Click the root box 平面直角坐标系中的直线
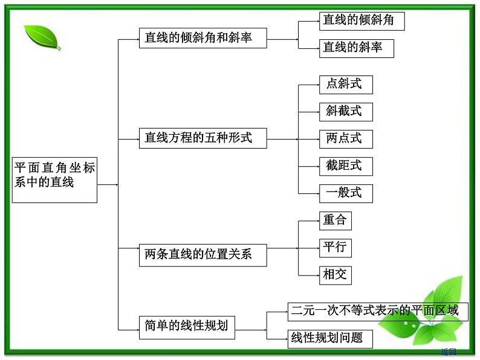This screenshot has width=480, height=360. (x=54, y=180)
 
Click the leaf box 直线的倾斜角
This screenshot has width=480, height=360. (x=362, y=21)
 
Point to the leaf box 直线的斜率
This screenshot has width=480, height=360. (x=357, y=48)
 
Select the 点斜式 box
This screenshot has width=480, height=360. (x=346, y=85)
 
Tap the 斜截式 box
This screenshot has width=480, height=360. (x=346, y=111)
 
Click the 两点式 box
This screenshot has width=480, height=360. (x=346, y=139)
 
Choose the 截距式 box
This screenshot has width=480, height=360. (x=346, y=166)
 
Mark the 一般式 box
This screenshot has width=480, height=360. (x=346, y=193)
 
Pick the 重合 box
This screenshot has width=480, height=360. (x=335, y=220)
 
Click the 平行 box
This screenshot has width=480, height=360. (x=335, y=248)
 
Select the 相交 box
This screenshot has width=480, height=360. (x=335, y=275)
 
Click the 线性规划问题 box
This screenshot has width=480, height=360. (x=329, y=338)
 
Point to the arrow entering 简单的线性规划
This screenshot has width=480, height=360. (x=131, y=329)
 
